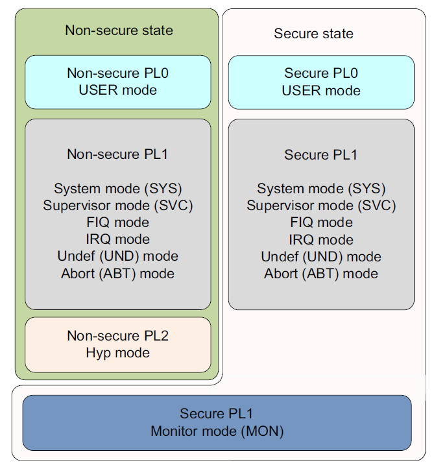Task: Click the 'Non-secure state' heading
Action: pyautogui.click(x=119, y=30)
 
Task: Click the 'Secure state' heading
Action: pyautogui.click(x=313, y=34)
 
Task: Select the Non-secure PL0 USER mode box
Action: pyautogui.click(x=118, y=82)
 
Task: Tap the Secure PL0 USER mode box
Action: pyautogui.click(x=321, y=82)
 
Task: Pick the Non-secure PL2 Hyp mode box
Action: pyautogui.click(x=118, y=344)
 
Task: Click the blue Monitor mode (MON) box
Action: pyautogui.click(x=217, y=422)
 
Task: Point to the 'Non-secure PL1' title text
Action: pyautogui.click(x=118, y=154)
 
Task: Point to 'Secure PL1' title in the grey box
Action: pyautogui.click(x=321, y=155)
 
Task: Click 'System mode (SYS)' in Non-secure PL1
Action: pyautogui.click(x=118, y=189)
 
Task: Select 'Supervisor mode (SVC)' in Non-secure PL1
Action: pyautogui.click(x=118, y=206)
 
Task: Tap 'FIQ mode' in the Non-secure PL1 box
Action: pyautogui.click(x=118, y=222)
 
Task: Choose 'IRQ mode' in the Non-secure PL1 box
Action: pyautogui.click(x=118, y=239)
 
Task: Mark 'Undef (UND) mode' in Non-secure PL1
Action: pyautogui.click(x=118, y=256)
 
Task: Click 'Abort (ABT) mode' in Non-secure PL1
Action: pyautogui.click(x=118, y=273)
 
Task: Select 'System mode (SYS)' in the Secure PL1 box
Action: pyautogui.click(x=321, y=189)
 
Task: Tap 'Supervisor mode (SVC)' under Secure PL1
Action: pyautogui.click(x=321, y=206)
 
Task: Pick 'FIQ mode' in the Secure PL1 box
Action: pyautogui.click(x=321, y=222)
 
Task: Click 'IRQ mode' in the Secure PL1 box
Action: pyautogui.click(x=321, y=239)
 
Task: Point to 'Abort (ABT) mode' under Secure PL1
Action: pyautogui.click(x=321, y=273)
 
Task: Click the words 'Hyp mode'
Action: pyautogui.click(x=118, y=353)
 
